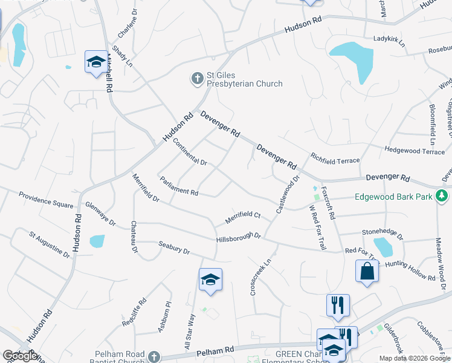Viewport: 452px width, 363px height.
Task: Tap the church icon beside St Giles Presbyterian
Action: pyautogui.click(x=197, y=78)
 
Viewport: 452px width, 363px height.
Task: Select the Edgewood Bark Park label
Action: pyautogui.click(x=393, y=197)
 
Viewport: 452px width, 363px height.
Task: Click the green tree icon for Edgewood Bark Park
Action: pyautogui.click(x=442, y=196)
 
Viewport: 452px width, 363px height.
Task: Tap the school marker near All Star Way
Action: pyautogui.click(x=210, y=280)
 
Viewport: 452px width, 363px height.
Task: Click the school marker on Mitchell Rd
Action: pyautogui.click(x=95, y=62)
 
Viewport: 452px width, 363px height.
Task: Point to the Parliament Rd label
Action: pyautogui.click(x=179, y=186)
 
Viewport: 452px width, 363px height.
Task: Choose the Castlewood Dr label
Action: pyautogui.click(x=288, y=194)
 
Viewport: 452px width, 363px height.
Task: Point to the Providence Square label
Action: pyautogui.click(x=45, y=199)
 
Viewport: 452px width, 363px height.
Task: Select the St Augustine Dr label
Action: pyautogui.click(x=50, y=244)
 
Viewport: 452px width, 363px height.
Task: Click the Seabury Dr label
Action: pyautogui.click(x=174, y=247)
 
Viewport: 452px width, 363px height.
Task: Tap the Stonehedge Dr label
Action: pyautogui.click(x=382, y=231)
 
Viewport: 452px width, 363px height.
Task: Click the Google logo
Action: pyautogui.click(x=21, y=356)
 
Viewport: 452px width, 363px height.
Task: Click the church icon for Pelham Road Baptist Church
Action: pyautogui.click(x=154, y=356)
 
